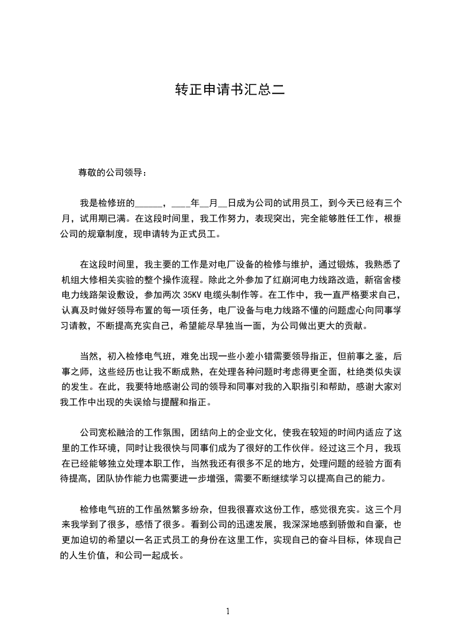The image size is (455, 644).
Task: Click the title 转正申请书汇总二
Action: (x=228, y=90)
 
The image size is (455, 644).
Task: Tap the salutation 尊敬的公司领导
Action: (x=112, y=172)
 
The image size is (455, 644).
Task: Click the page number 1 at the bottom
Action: (x=228, y=611)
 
